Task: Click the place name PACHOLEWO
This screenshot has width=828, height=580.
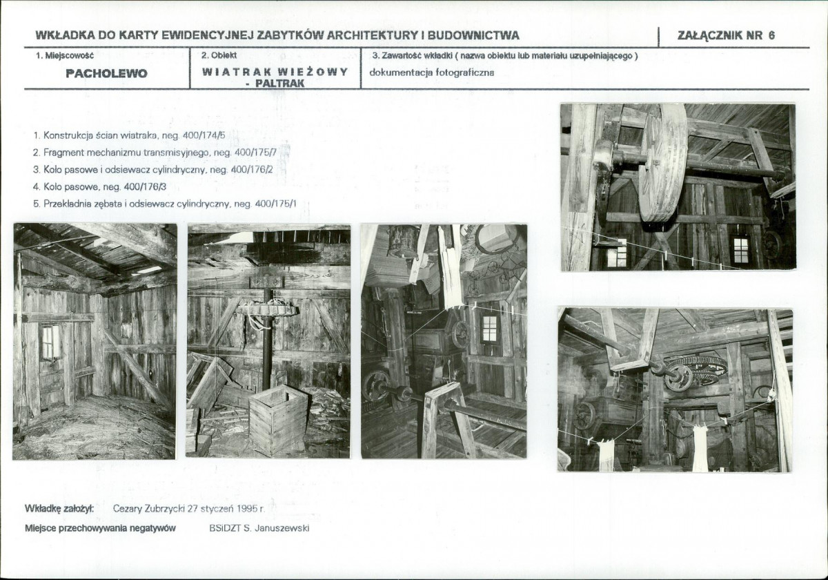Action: (x=106, y=74)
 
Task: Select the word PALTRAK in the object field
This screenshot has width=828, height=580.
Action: (x=280, y=84)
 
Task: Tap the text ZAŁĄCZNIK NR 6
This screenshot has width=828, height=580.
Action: (x=726, y=35)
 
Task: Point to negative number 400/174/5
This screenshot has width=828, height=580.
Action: (x=204, y=135)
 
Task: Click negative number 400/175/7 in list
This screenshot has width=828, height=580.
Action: (x=255, y=153)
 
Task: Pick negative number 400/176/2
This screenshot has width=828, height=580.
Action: (x=252, y=170)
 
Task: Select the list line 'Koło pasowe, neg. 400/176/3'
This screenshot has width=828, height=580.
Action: (x=99, y=187)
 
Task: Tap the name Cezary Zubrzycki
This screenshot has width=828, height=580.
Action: (x=148, y=509)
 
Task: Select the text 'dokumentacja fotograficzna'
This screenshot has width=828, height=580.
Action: (x=431, y=72)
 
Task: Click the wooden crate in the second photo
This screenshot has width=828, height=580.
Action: (x=278, y=420)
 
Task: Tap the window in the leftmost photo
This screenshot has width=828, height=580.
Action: (x=50, y=342)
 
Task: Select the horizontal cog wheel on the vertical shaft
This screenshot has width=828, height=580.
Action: (x=267, y=309)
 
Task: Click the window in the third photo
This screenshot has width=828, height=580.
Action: (x=490, y=329)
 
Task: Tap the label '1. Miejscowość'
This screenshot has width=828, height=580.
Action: (x=65, y=56)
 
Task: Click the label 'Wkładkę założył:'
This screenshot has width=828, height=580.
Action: (x=59, y=509)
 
